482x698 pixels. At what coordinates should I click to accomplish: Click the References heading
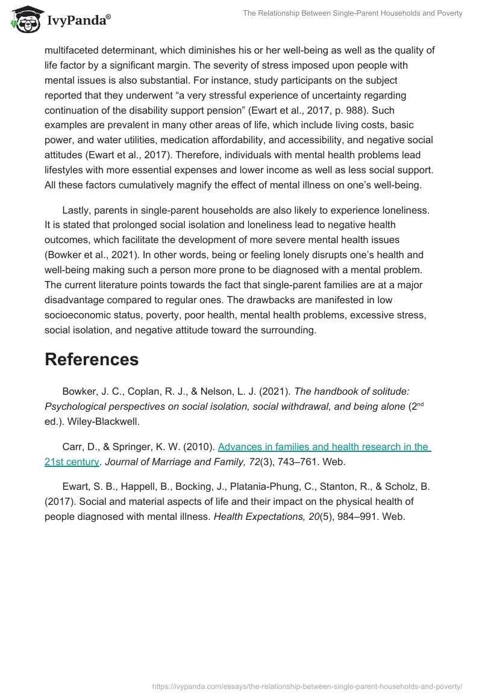click(92, 359)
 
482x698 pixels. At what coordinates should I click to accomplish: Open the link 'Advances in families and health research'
click(324, 447)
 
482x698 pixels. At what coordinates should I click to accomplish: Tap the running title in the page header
click(352, 13)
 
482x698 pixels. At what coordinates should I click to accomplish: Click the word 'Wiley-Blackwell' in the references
click(102, 421)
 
